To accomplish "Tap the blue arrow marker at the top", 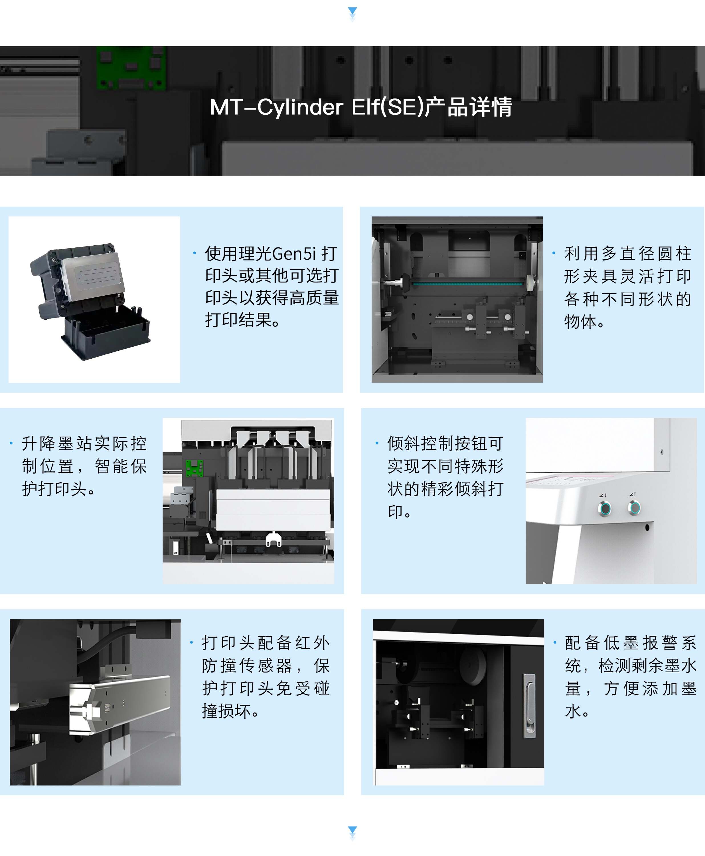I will pyautogui.click(x=352, y=12).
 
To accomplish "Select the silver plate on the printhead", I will pyautogui.click(x=93, y=276).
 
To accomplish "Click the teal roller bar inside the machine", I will pyautogui.click(x=467, y=283).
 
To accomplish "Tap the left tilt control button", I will pyautogui.click(x=605, y=508).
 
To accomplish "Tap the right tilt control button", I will pyautogui.click(x=634, y=507).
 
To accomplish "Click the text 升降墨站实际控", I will pyautogui.click(x=84, y=443).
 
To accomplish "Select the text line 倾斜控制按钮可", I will pyautogui.click(x=445, y=443).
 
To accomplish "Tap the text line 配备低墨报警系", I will pyautogui.click(x=630, y=643).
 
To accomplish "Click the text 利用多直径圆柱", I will pyautogui.click(x=627, y=253).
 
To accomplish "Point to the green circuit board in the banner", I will pyautogui.click(x=131, y=67).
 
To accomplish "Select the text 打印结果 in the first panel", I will pyautogui.click(x=238, y=320).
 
